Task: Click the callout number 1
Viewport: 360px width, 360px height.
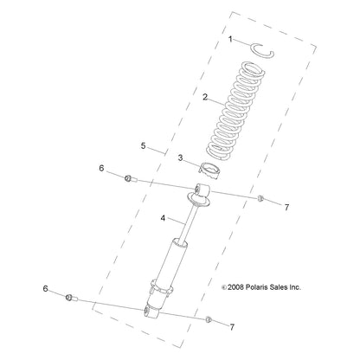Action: pos(231,40)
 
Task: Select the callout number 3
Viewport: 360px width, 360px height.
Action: pos(180,158)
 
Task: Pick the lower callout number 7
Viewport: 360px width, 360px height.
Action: pos(231,326)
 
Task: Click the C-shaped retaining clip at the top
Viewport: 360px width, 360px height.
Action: pos(262,50)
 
